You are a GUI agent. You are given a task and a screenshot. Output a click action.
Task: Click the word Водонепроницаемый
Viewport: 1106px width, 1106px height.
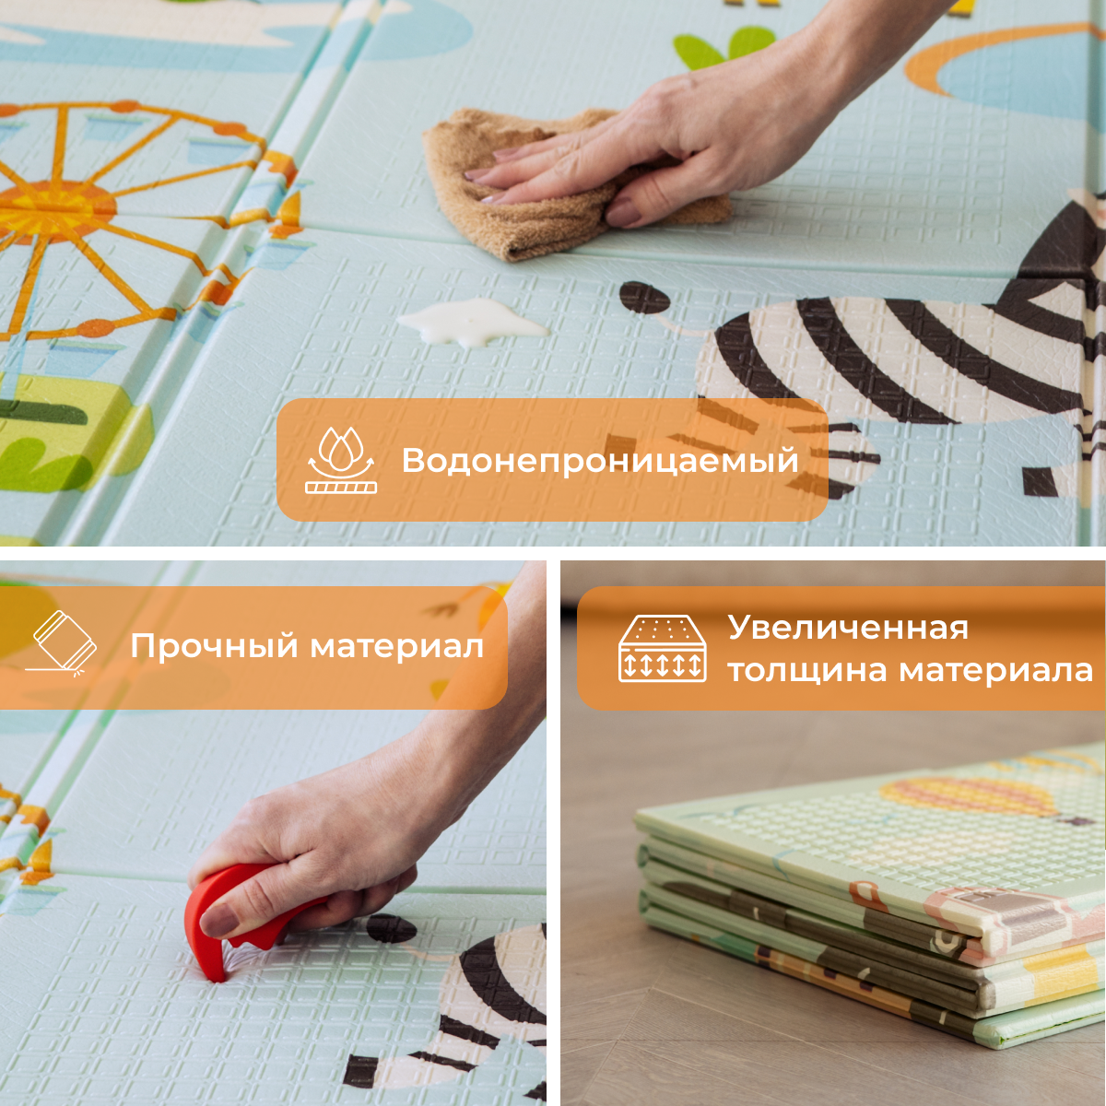[x=600, y=460]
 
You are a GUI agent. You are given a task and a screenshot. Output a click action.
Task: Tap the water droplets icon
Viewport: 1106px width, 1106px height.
[x=341, y=460]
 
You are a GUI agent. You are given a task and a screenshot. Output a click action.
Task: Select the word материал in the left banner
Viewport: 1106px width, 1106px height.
[x=397, y=647]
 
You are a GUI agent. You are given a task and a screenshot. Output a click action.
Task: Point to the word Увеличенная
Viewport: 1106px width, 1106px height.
[x=848, y=627]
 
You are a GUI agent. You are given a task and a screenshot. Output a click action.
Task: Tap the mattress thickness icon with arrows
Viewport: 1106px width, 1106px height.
[x=663, y=649]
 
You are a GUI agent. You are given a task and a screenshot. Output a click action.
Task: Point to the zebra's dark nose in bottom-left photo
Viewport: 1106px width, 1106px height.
[x=392, y=928]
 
